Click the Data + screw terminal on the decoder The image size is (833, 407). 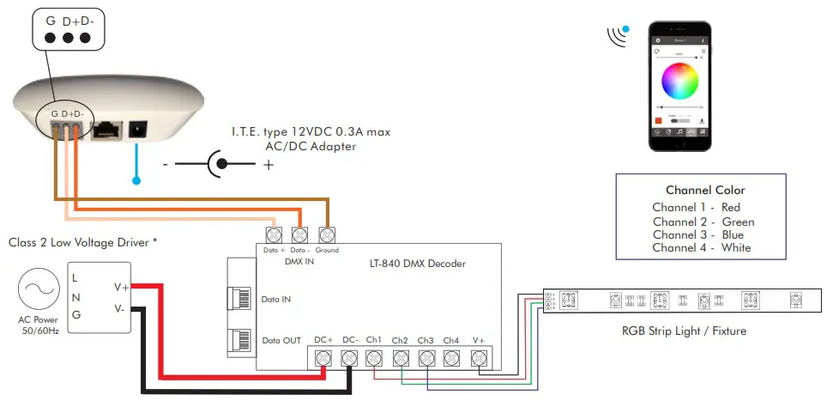(x=275, y=234)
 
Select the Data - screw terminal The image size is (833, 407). (x=300, y=234)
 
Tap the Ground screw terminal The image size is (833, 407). (x=327, y=234)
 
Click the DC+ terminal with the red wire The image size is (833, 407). (x=323, y=358)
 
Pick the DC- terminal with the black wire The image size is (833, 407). (x=348, y=358)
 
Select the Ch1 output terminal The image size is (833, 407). (x=374, y=358)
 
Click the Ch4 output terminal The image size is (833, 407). (x=452, y=358)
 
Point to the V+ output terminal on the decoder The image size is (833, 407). (x=479, y=358)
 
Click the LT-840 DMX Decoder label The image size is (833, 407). (x=411, y=264)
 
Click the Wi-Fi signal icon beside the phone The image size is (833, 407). (x=617, y=35)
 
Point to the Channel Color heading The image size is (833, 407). (x=705, y=190)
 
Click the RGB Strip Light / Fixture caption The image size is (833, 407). (x=684, y=331)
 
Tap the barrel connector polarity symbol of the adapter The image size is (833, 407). (x=220, y=163)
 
